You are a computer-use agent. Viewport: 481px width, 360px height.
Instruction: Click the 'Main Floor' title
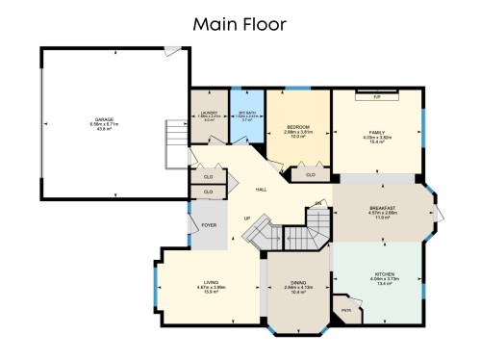tap(240, 22)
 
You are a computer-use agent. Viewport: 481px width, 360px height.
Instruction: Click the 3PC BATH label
tap(246, 114)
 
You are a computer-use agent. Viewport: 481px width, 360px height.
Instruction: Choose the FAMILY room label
tap(375, 131)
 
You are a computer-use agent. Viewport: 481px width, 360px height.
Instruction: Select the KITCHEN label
tap(384, 274)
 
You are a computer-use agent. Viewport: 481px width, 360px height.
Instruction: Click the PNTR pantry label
tap(345, 311)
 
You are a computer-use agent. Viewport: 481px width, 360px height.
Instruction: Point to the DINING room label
tap(298, 283)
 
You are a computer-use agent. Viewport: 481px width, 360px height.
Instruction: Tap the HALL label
tap(261, 189)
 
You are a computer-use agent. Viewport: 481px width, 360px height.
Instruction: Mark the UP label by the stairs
tap(247, 219)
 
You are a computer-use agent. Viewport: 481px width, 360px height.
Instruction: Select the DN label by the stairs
tap(318, 203)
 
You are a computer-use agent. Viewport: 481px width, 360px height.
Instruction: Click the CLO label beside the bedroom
tap(310, 175)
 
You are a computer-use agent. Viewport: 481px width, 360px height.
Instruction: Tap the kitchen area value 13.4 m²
tap(384, 284)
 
